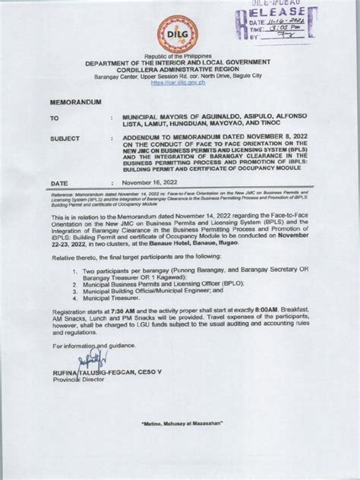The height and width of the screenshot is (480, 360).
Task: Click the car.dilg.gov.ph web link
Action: pyautogui.click(x=179, y=83)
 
